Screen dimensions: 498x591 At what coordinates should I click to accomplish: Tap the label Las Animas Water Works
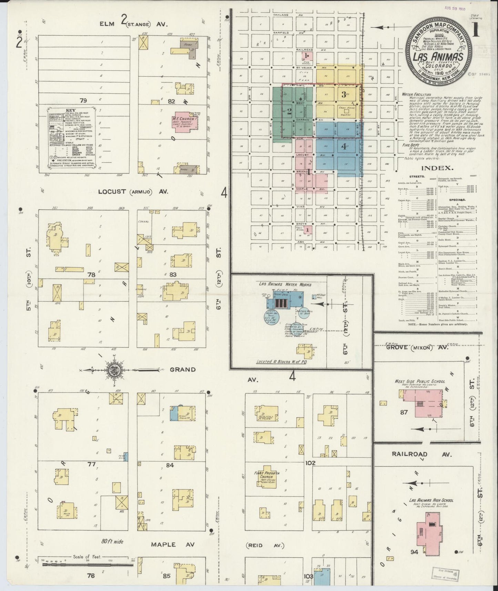tap(285, 284)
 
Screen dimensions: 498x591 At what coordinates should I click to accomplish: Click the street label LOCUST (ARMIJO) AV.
tap(133, 191)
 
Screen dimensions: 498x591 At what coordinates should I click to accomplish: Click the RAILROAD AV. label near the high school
tap(421, 454)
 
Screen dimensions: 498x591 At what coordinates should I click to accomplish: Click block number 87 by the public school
tap(404, 412)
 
